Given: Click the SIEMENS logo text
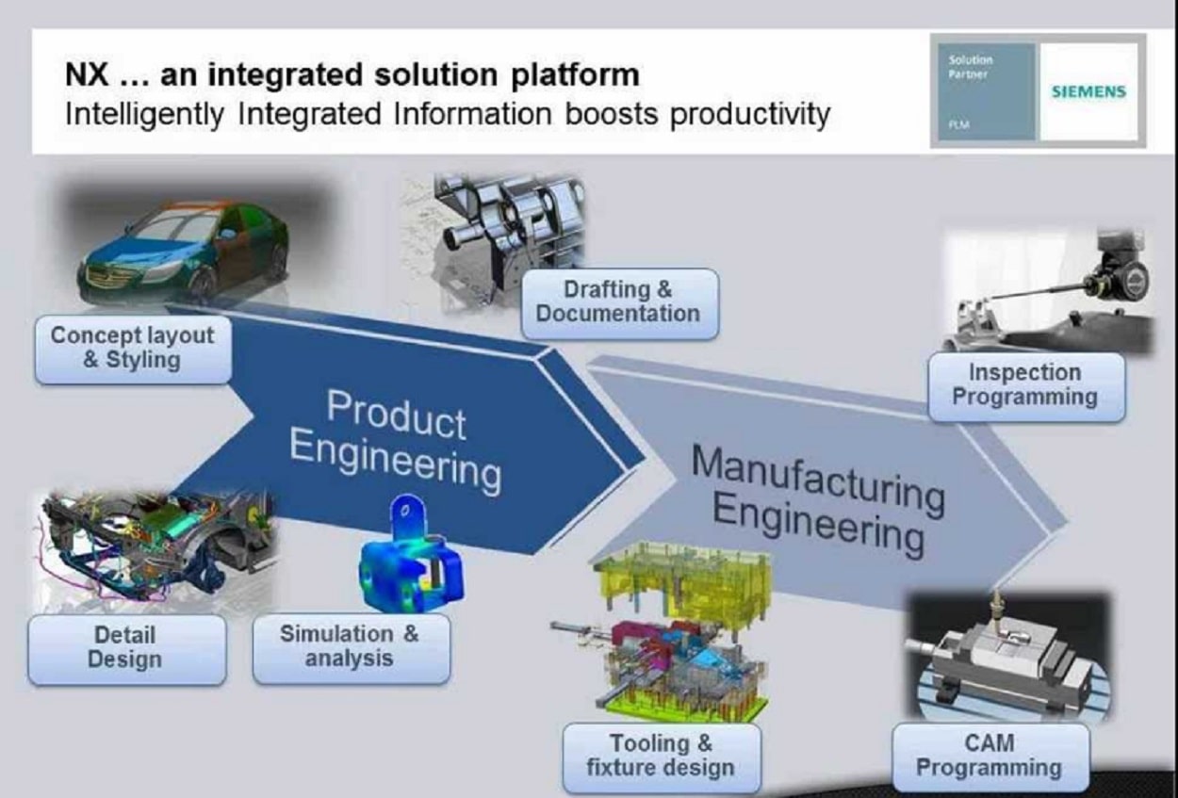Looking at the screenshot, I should (x=1088, y=92).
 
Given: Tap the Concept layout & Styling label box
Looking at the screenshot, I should (x=132, y=348).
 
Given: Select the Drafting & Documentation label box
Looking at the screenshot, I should (x=618, y=302).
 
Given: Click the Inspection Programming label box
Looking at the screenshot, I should (x=1024, y=385).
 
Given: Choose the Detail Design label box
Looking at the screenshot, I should (x=126, y=648).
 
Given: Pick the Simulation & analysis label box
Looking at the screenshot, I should (x=350, y=647).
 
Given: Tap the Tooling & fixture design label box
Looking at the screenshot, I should (x=660, y=757).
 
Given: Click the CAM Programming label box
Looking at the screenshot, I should (x=989, y=757).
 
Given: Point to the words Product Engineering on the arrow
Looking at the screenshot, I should (x=395, y=440).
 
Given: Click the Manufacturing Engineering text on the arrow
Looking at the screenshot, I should (x=815, y=498).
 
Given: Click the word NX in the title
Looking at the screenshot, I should (x=86, y=74).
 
